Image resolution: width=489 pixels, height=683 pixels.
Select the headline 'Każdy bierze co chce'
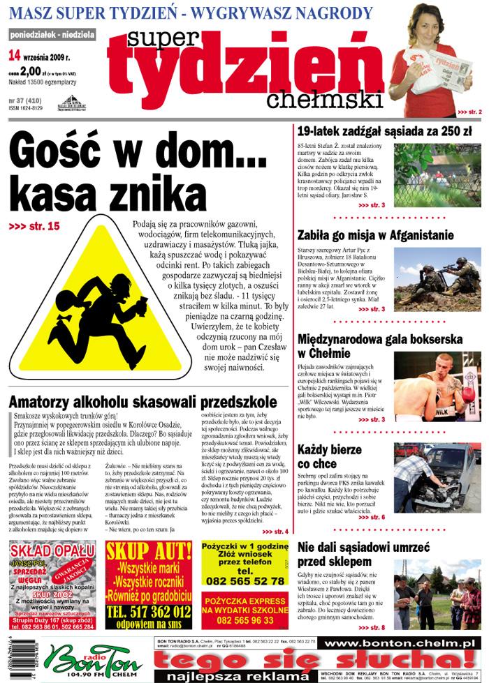(331, 456)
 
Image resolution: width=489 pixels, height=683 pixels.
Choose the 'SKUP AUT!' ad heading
(148, 551)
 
